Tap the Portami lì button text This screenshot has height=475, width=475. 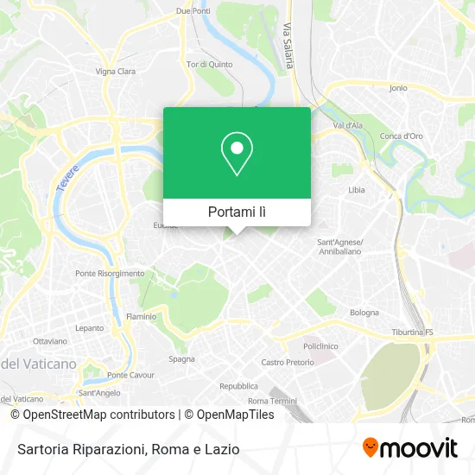coord(237,212)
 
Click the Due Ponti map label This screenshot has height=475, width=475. coord(193,10)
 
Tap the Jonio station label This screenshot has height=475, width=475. coord(398,88)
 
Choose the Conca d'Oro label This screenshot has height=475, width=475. coord(402,136)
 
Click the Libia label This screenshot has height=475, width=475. coord(356,189)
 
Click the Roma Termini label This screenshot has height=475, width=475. coord(272,402)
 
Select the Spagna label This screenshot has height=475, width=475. coord(181,358)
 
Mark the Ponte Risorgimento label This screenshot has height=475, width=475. coord(110,273)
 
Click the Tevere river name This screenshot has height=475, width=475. coord(68,180)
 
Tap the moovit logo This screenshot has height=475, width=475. coord(409,448)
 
